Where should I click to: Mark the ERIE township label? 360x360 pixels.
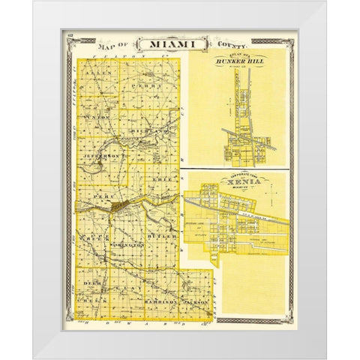160,179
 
